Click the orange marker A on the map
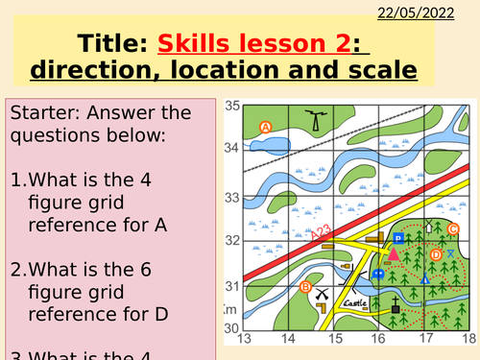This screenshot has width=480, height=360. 266,126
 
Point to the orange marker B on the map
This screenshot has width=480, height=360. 305,287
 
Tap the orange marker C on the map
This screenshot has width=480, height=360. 453,228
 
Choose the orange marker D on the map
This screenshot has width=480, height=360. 435,254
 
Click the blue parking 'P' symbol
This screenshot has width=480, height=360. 399,238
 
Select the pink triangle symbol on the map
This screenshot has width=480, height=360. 393,254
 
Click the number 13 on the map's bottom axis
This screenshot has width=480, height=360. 244,339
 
